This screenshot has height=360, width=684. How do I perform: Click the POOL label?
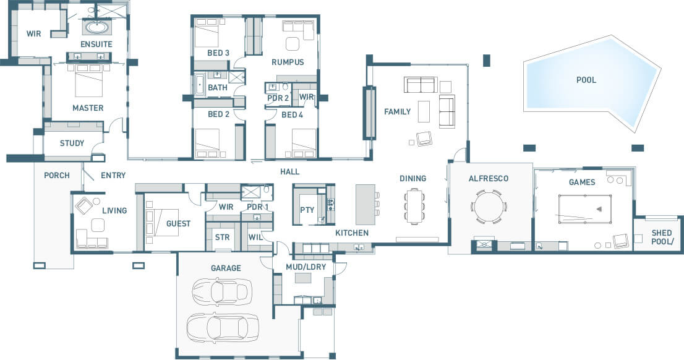[x=586, y=80]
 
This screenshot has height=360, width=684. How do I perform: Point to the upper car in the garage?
[x=222, y=291]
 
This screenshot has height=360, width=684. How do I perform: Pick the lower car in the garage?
[x=223, y=327]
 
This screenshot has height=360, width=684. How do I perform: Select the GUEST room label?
[x=178, y=224]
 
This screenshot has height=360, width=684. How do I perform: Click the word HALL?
[x=289, y=172]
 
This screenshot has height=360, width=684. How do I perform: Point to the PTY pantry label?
[x=307, y=210]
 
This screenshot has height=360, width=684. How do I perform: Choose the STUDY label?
[x=72, y=143]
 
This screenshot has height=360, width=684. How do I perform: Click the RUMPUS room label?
[x=288, y=62]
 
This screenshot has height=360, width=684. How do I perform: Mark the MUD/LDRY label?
[x=306, y=267]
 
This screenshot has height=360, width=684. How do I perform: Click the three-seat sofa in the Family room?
[x=421, y=85]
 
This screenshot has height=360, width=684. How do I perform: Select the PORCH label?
[x=57, y=176]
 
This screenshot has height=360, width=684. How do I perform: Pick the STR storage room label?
[x=222, y=238]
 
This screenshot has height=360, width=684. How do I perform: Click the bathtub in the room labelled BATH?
[x=200, y=84]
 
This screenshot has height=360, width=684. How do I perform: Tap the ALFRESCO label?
[x=489, y=179]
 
